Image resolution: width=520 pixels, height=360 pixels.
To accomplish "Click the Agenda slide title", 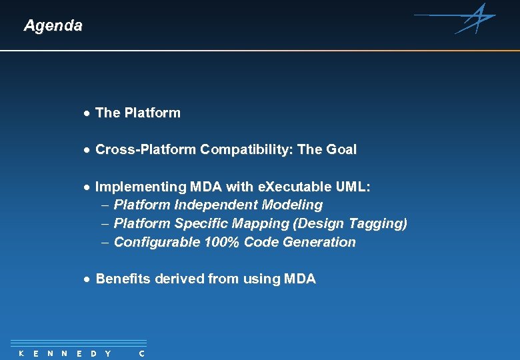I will [x=53, y=26].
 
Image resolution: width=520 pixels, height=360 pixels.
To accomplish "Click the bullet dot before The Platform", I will [x=87, y=113].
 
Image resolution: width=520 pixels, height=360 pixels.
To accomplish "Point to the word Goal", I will [x=341, y=150].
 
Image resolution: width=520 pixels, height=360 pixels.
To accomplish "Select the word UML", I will [x=351, y=187].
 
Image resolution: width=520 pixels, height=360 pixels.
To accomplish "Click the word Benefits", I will [x=123, y=279].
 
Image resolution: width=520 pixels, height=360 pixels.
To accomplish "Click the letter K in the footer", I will [x=21, y=353].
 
